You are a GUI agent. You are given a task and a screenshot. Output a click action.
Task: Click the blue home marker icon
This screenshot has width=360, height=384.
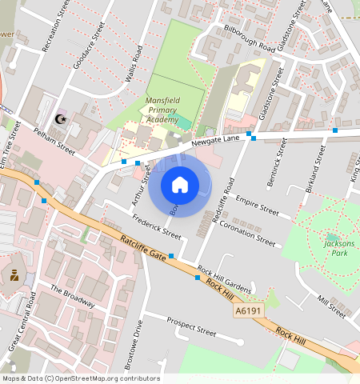[180, 186]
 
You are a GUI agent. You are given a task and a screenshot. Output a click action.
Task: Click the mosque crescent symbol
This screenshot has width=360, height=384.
[58, 119]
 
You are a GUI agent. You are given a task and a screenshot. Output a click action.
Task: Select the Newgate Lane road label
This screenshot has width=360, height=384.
[215, 141]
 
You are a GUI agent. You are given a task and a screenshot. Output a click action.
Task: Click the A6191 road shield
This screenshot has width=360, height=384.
[247, 310]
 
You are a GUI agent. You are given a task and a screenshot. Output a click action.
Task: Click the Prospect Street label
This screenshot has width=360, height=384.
[191, 326]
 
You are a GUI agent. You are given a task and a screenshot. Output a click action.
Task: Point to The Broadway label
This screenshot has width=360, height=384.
[73, 297]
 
